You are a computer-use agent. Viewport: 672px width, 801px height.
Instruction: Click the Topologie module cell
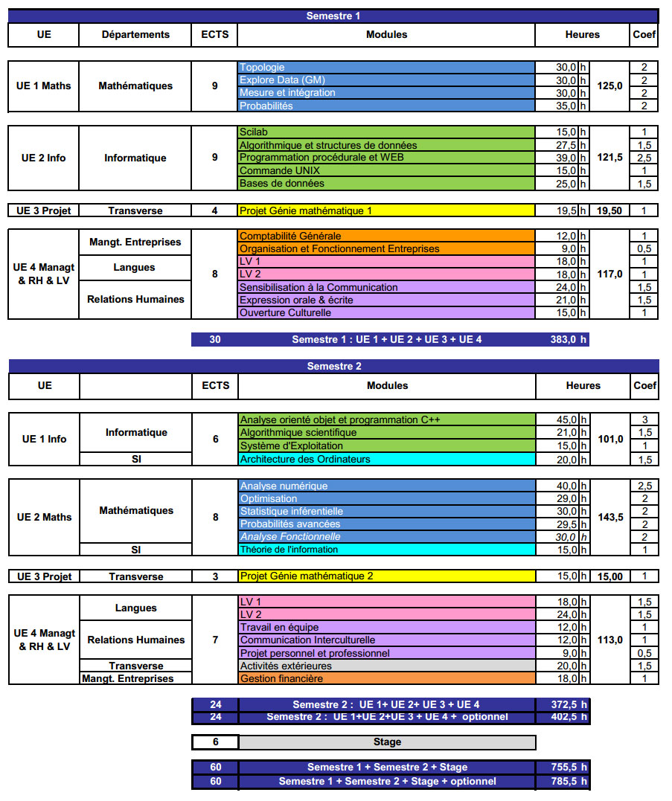(386, 67)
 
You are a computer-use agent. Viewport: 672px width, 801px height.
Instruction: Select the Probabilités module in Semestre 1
(386, 106)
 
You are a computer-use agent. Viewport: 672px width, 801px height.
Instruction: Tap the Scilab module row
(386, 132)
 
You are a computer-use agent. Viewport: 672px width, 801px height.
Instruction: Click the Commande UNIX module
(386, 170)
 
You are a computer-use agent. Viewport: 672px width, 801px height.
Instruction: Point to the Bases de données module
(386, 183)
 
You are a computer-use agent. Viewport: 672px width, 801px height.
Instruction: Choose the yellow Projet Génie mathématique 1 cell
(386, 210)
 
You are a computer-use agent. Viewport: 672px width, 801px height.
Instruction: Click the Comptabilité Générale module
(386, 236)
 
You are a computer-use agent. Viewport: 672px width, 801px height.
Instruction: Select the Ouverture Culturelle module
(386, 313)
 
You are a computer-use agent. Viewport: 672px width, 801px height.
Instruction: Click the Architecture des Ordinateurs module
(387, 459)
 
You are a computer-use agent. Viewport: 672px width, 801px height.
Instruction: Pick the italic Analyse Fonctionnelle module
(387, 537)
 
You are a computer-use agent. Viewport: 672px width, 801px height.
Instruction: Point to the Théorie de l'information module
(387, 550)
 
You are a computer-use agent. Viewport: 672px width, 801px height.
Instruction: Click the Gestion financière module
(387, 679)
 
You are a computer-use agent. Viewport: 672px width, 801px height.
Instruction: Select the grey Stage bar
(387, 742)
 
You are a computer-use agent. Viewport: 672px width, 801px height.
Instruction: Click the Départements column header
(135, 35)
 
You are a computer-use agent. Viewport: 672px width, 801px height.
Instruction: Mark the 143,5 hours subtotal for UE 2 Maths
(610, 517)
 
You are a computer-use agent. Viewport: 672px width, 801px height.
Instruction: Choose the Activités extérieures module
(387, 666)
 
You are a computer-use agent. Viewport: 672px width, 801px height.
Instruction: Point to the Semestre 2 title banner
(333, 366)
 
